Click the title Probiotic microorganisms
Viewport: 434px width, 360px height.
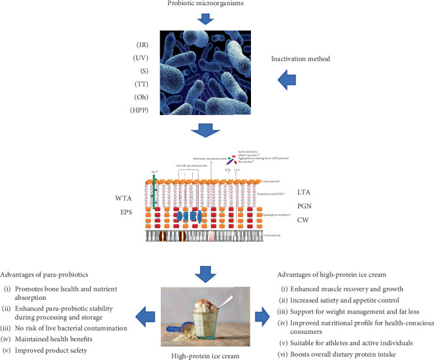216,5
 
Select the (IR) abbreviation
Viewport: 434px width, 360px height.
137,46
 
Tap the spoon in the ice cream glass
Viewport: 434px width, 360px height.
233,301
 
